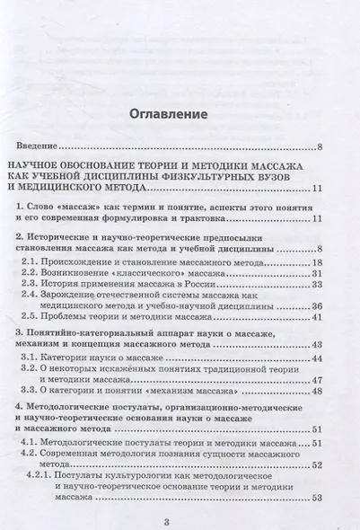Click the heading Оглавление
(x=180, y=115)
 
